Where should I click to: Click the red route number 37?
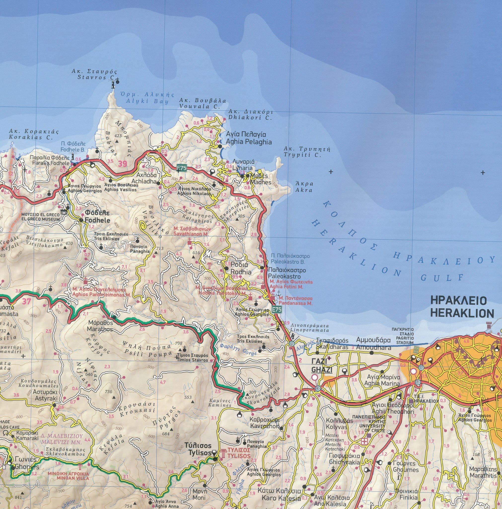(x=26, y=301)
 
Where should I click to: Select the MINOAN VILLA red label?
(x=72, y=475)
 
